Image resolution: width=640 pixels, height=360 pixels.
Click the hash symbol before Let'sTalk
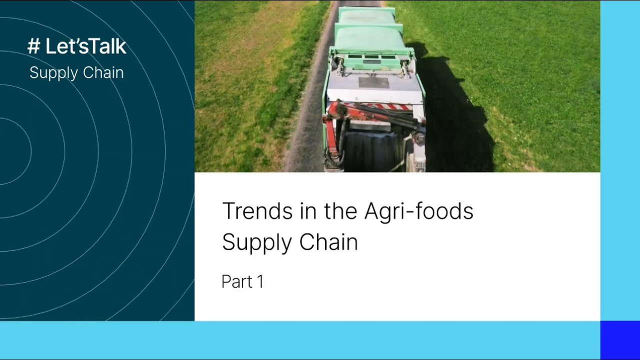point(34,46)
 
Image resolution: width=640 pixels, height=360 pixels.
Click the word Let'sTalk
point(85,46)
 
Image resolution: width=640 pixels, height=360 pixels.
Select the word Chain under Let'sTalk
point(104,72)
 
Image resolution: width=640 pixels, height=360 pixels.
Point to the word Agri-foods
point(418,211)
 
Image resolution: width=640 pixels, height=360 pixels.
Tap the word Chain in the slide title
point(328,242)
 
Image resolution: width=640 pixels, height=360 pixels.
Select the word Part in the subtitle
point(236,282)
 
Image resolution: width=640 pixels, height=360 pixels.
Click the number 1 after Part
point(260,282)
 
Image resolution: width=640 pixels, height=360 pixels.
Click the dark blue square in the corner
point(619,339)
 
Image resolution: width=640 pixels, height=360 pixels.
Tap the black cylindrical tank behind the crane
point(370,150)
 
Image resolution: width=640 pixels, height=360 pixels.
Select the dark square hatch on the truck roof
point(373,82)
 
